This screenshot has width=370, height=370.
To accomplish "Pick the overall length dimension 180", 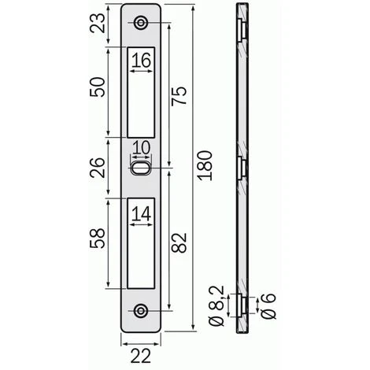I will point(206,165).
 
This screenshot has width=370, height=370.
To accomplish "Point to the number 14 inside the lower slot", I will point(142,213).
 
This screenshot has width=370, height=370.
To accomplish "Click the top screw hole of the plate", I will point(142,23).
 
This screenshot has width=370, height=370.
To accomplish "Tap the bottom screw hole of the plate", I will point(142,310).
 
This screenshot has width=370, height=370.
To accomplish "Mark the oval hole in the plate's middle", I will point(142,168).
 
